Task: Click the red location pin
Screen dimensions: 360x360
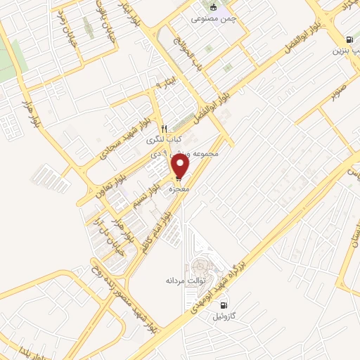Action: click(181, 167)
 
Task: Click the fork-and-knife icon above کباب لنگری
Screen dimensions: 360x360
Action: click(164, 129)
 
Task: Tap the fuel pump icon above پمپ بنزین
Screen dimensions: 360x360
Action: click(349, 40)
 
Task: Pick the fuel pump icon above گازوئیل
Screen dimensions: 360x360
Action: click(224, 305)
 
